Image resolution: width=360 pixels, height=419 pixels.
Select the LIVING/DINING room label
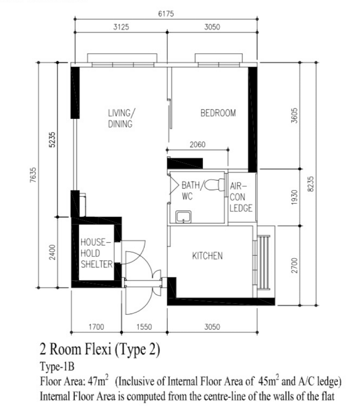(x=121, y=119)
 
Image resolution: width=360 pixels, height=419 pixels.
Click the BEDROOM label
(x=218, y=113)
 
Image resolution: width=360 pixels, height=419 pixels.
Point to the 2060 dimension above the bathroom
(x=197, y=145)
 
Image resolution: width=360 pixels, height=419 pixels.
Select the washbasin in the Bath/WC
(x=183, y=217)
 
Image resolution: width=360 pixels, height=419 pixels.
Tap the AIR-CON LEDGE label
(x=241, y=197)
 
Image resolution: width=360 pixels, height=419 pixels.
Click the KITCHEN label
(x=207, y=256)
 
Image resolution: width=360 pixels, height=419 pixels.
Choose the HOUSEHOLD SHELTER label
(x=96, y=253)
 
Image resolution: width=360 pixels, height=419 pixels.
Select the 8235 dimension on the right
(x=310, y=183)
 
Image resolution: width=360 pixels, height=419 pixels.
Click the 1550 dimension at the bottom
(x=144, y=327)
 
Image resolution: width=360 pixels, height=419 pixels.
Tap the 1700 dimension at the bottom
(x=96, y=327)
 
